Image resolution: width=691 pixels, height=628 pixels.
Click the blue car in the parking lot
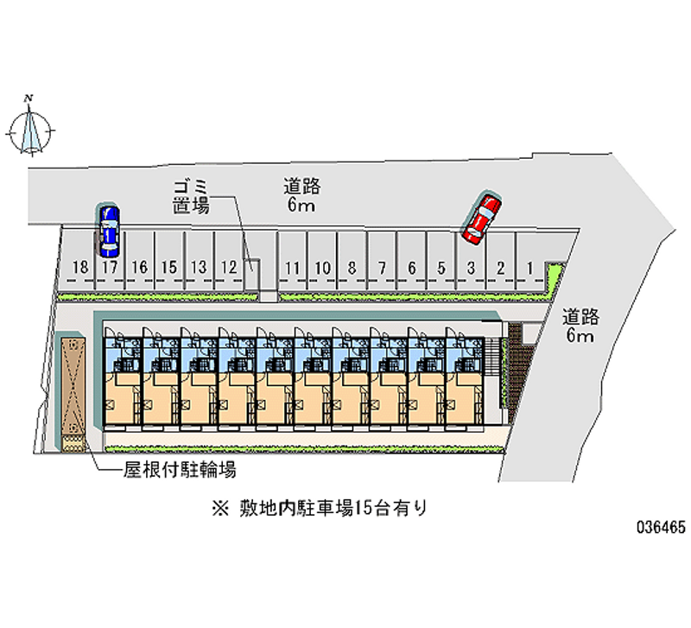point(108,232)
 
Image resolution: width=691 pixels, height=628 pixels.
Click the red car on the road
point(480,219)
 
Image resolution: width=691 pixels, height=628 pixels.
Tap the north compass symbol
point(32,127)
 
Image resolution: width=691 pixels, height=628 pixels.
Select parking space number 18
point(80,268)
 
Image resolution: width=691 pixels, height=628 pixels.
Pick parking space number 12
point(228,268)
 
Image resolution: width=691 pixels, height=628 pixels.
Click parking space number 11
point(293,268)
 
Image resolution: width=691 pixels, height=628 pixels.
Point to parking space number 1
point(529,268)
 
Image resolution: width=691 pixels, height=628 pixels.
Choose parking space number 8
point(352,268)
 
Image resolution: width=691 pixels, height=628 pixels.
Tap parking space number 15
point(169,268)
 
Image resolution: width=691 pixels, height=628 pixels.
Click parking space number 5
point(441,268)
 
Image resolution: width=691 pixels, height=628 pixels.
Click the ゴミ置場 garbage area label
point(189,197)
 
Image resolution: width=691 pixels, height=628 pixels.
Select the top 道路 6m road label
point(301,195)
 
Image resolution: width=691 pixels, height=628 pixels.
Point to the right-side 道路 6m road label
point(580,325)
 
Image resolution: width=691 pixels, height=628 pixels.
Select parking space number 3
point(471,268)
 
